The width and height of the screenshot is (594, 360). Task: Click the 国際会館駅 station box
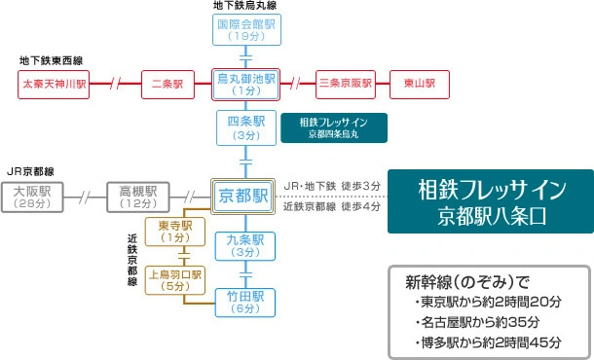(x=246, y=30)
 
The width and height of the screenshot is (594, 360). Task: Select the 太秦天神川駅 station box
(x=54, y=85)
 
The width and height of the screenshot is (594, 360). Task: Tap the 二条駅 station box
(x=167, y=85)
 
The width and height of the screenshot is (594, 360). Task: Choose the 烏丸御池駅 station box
(x=245, y=85)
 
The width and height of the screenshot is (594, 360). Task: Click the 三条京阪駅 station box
(x=346, y=85)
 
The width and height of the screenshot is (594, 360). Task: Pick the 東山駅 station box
(x=420, y=85)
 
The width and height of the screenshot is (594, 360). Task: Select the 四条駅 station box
(x=246, y=128)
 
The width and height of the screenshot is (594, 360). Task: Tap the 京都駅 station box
(x=242, y=197)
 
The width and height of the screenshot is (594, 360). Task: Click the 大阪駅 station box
(x=32, y=198)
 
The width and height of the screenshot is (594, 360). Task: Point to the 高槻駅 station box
(x=138, y=198)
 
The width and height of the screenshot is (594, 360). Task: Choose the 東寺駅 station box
(x=175, y=232)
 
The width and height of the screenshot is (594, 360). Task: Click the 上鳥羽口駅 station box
(x=175, y=280)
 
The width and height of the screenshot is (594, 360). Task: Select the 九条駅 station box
(x=245, y=246)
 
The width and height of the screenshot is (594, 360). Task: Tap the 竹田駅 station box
(x=245, y=303)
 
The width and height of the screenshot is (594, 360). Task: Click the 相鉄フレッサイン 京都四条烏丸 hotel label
(x=334, y=128)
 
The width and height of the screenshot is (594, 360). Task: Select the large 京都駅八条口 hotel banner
(x=491, y=201)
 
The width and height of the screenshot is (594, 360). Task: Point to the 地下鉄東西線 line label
(x=52, y=60)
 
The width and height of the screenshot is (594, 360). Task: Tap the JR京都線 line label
(x=31, y=171)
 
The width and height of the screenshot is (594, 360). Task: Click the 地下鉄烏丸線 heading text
(x=244, y=5)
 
